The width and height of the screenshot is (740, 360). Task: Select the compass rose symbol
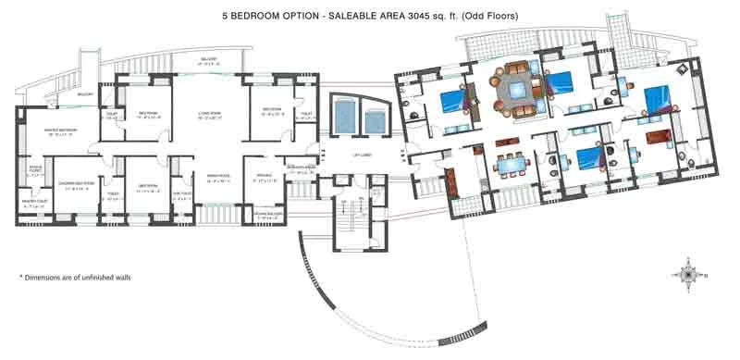coord(690,273)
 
